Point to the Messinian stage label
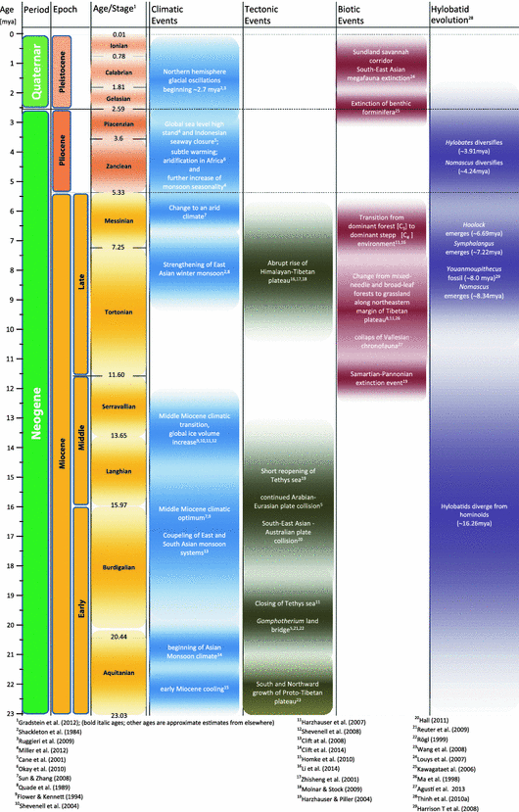(x=118, y=223)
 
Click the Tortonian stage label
(x=118, y=313)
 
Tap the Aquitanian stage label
(x=118, y=675)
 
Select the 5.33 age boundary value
(x=118, y=192)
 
